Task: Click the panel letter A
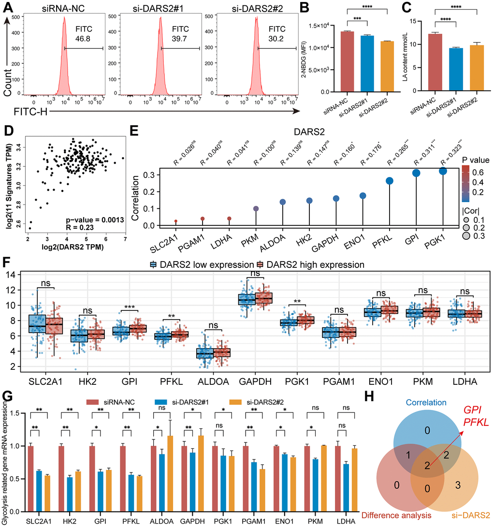pyautogui.click(x=8, y=6)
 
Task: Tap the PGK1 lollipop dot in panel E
pyautogui.click(x=443, y=171)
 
